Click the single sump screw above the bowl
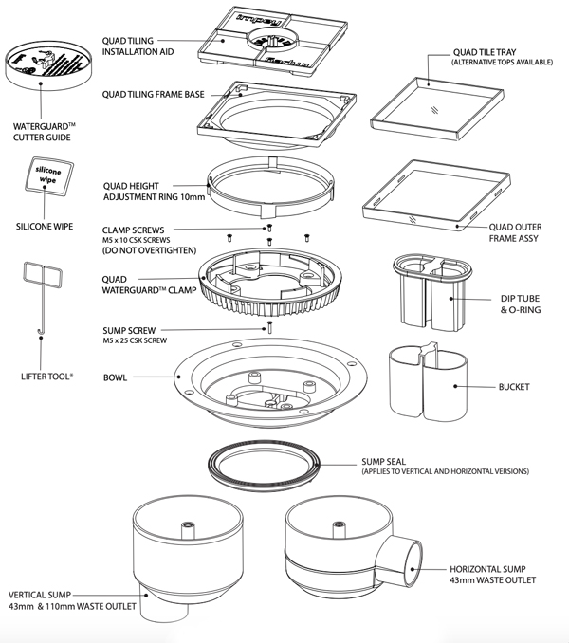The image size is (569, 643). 269,327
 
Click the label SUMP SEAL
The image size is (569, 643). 385,462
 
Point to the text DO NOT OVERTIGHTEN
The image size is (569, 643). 147,250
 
